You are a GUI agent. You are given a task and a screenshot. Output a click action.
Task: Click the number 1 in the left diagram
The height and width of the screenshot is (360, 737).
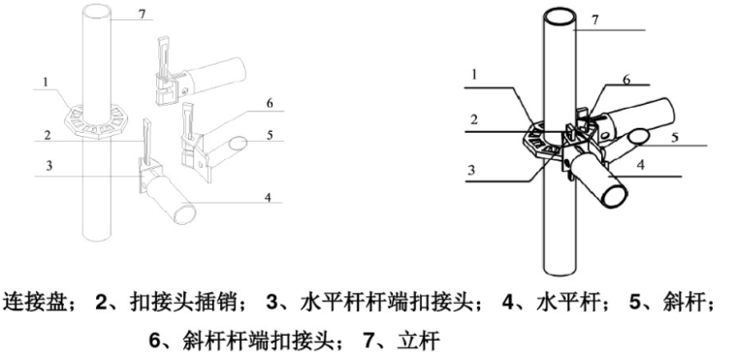click(45, 83)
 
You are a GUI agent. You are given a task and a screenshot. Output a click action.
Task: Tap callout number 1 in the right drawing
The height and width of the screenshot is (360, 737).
click(472, 74)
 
